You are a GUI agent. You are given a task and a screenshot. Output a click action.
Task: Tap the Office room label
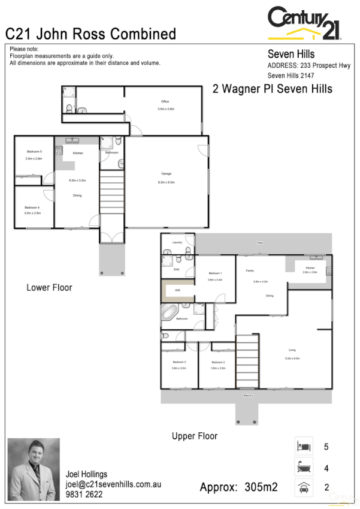(x=165, y=102)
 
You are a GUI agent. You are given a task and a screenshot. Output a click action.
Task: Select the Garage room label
(x=166, y=173)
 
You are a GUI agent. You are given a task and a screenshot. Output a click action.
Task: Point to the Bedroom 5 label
(x=34, y=151)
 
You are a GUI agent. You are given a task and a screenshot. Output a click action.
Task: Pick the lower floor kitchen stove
(x=59, y=152)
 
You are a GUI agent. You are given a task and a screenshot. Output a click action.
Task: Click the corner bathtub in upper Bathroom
(x=169, y=313)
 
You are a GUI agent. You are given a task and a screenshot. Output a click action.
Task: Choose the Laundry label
(x=177, y=242)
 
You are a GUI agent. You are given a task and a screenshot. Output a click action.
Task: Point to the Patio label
(x=261, y=243)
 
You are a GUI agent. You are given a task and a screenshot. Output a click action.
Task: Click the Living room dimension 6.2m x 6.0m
(x=292, y=358)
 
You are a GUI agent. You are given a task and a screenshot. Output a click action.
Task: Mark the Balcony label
(x=249, y=396)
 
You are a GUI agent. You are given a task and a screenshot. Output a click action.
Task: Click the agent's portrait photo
(x=34, y=469)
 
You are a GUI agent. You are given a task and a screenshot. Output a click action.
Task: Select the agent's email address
(x=113, y=484)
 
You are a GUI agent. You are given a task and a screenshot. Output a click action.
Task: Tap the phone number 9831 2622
(x=84, y=495)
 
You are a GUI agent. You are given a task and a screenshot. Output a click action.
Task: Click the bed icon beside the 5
(x=302, y=447)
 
